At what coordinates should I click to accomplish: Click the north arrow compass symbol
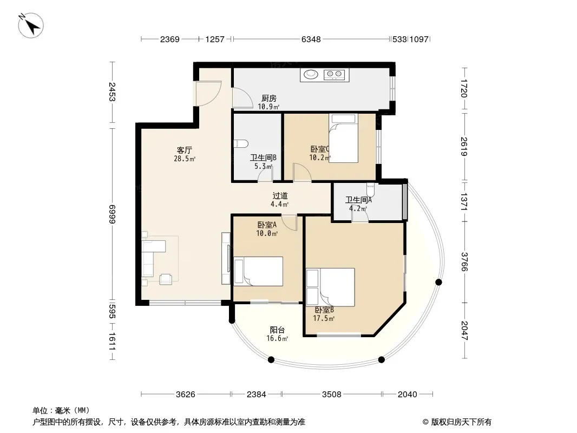pyautogui.click(x=31, y=25)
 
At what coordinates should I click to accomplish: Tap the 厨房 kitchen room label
pyautogui.click(x=268, y=98)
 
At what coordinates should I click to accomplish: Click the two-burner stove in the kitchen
pyautogui.click(x=334, y=75)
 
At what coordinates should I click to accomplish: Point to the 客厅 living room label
pyautogui.click(x=185, y=150)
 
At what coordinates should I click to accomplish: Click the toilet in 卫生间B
pyautogui.click(x=241, y=143)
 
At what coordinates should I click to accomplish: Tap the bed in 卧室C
pyautogui.click(x=343, y=138)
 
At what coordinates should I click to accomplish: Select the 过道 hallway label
pyautogui.click(x=280, y=196)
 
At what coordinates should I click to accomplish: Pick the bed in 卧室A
pyautogui.click(x=258, y=271)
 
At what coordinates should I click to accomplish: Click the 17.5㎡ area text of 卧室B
pyautogui.click(x=324, y=318)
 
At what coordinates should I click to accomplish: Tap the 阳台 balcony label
pyautogui.click(x=277, y=330)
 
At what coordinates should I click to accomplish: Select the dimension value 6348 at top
pyautogui.click(x=311, y=39)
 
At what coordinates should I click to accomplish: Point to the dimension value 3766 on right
pyautogui.click(x=464, y=261)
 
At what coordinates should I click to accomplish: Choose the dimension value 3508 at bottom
pyautogui.click(x=332, y=395)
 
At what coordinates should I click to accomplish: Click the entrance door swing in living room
pyautogui.click(x=208, y=94)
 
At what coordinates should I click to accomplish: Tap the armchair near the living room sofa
pyautogui.click(x=166, y=279)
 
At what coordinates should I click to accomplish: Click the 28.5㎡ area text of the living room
pyautogui.click(x=185, y=159)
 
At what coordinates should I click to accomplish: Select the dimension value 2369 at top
pyautogui.click(x=169, y=39)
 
